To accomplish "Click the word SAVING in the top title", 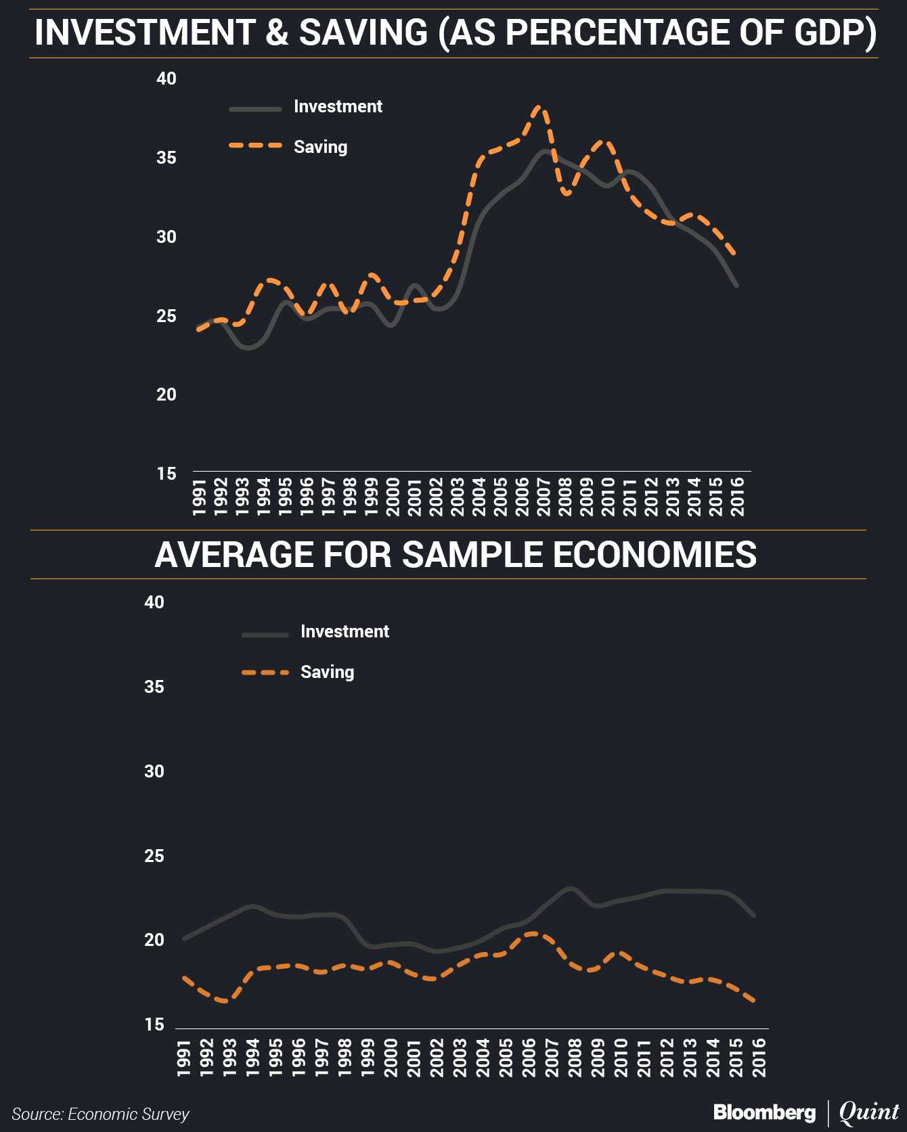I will point(363,32).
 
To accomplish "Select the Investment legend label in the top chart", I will point(338,107).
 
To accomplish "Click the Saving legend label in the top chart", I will point(320,148).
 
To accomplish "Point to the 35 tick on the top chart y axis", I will point(167,158).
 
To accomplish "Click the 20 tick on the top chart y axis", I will point(167,394).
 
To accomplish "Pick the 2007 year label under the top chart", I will point(544,497).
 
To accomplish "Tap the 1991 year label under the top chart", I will point(199,497).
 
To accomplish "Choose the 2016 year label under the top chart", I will point(738,497).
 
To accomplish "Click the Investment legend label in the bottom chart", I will point(345,632).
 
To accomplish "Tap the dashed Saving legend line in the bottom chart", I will point(265,673).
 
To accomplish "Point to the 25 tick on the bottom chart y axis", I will point(154,856).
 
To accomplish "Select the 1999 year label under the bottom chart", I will point(368,1057).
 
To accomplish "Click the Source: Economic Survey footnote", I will point(100,1114).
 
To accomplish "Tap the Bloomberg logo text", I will point(764,1112).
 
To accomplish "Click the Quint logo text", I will point(868,1112).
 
